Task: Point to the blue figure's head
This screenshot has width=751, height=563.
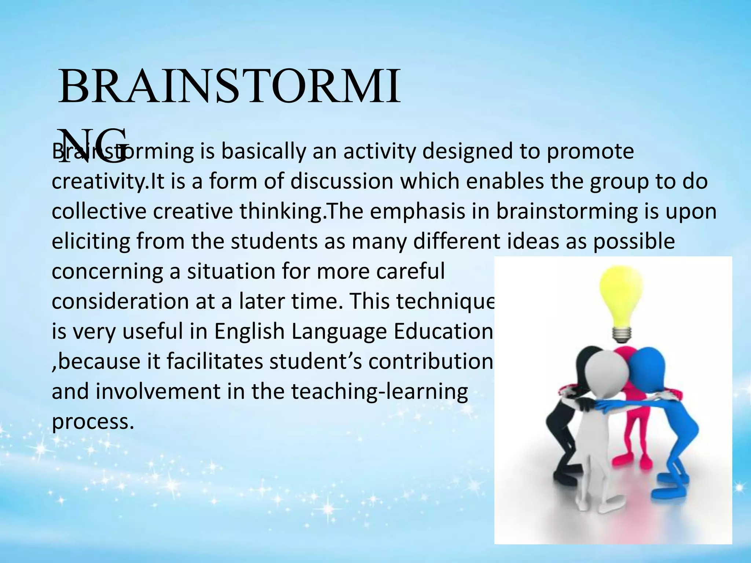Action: pos(647,367)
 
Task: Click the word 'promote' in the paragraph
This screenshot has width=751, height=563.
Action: pos(590,152)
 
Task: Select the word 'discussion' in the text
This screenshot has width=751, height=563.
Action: pos(341,182)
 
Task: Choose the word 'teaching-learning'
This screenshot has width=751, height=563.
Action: pos(379,392)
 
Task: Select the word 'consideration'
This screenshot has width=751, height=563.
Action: pos(120,302)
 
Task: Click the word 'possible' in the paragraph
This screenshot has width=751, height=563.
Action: pos(634,242)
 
